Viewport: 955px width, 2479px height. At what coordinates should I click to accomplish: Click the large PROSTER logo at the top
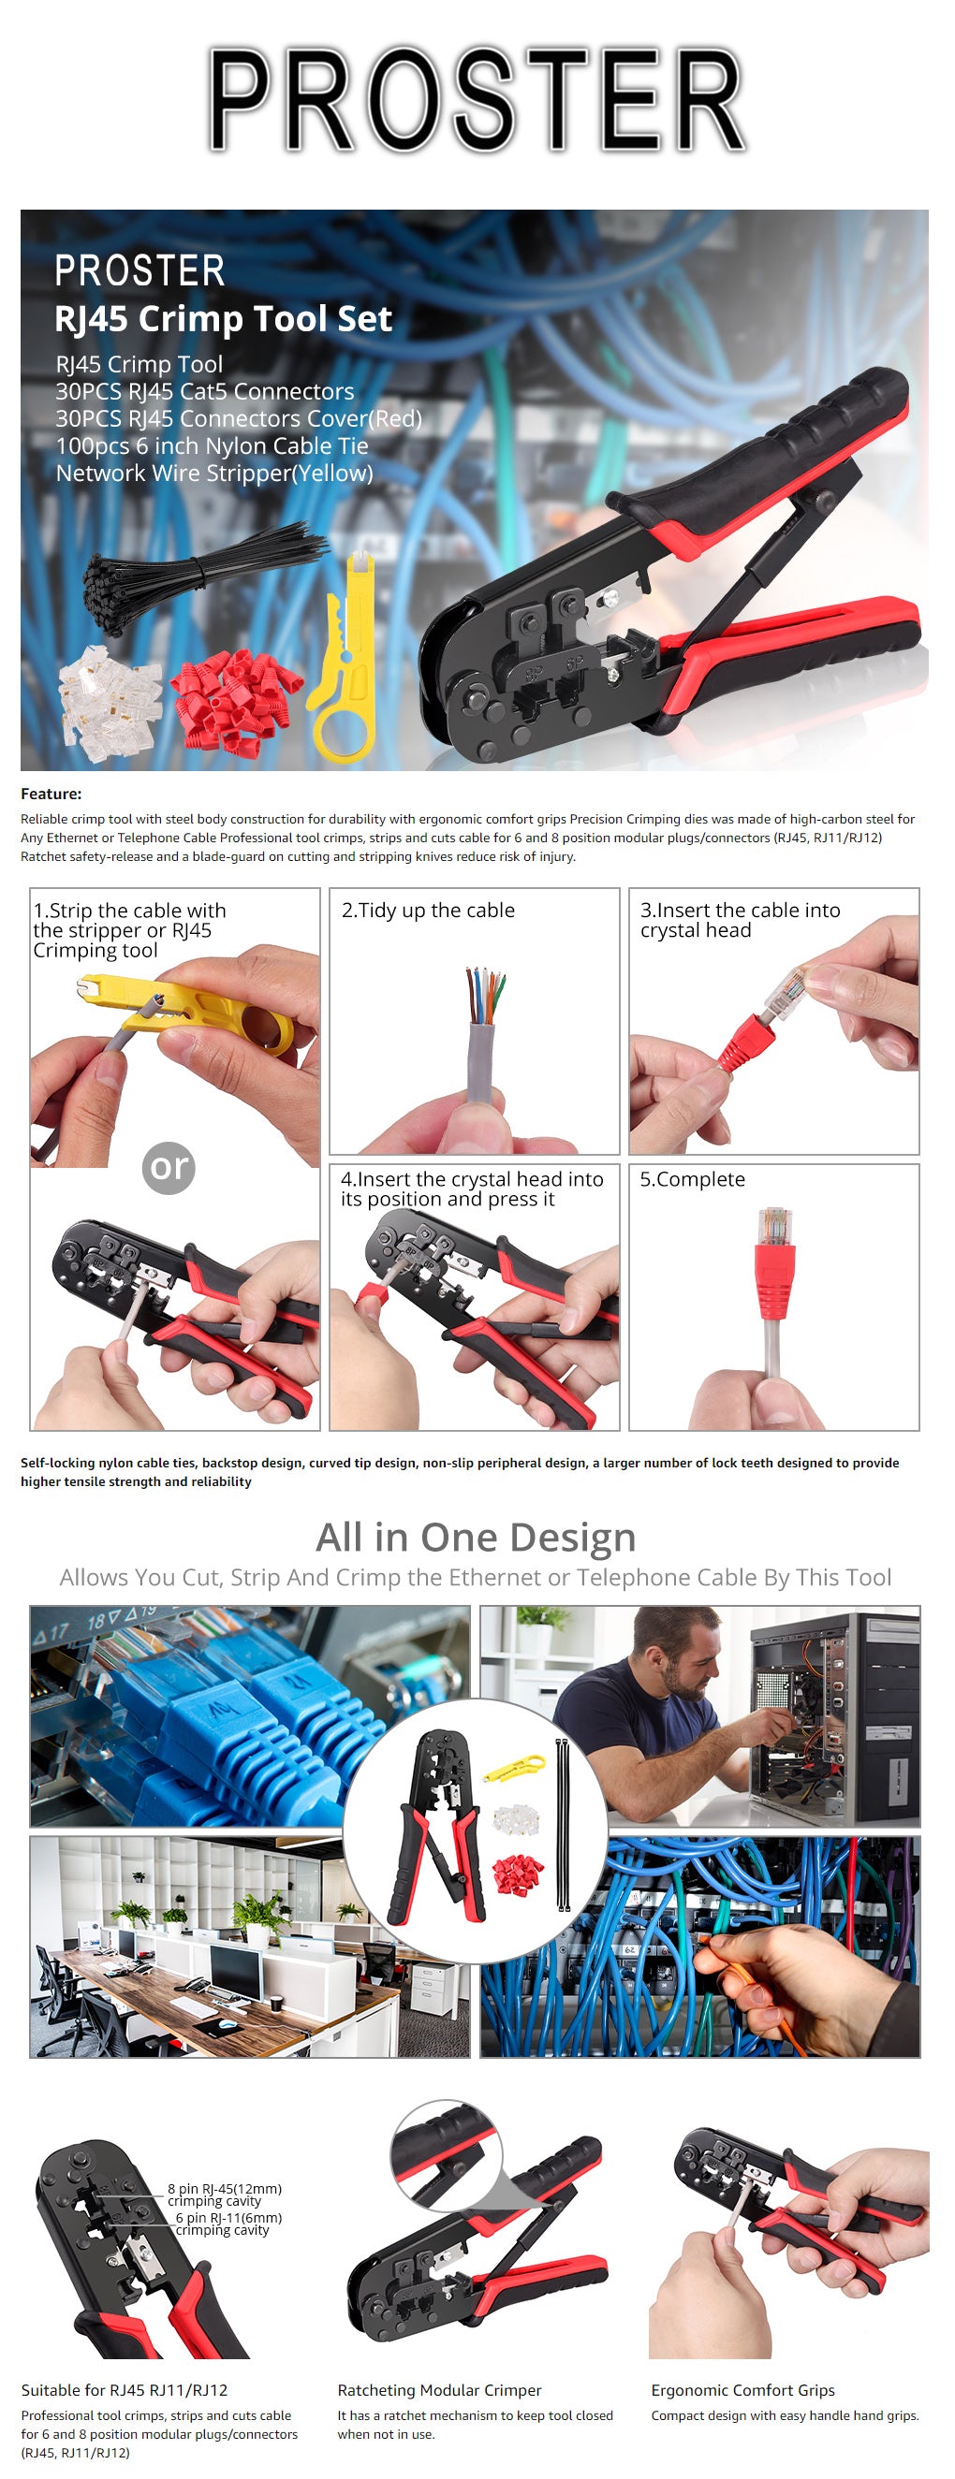point(477,100)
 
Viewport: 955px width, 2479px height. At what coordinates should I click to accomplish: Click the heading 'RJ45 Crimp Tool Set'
point(224,318)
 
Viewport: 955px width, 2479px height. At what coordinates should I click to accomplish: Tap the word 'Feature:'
point(51,794)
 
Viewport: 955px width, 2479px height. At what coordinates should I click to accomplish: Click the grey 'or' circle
point(169,1167)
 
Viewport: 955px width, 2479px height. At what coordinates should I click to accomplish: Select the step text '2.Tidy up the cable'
point(429,911)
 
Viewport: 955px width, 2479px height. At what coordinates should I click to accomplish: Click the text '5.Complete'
point(692,1179)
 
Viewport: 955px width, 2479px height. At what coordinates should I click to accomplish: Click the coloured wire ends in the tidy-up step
point(486,996)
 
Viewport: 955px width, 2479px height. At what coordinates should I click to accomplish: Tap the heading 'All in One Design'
point(476,1537)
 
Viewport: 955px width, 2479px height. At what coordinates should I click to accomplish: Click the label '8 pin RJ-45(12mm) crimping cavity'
point(225,2195)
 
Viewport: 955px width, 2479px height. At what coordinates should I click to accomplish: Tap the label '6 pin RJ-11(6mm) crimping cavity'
point(228,2223)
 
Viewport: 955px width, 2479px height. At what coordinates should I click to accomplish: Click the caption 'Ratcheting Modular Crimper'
point(439,2389)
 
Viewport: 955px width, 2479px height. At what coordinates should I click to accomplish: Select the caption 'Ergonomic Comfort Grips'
point(742,2389)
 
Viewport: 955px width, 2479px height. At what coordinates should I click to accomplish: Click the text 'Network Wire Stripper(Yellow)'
point(213,474)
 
